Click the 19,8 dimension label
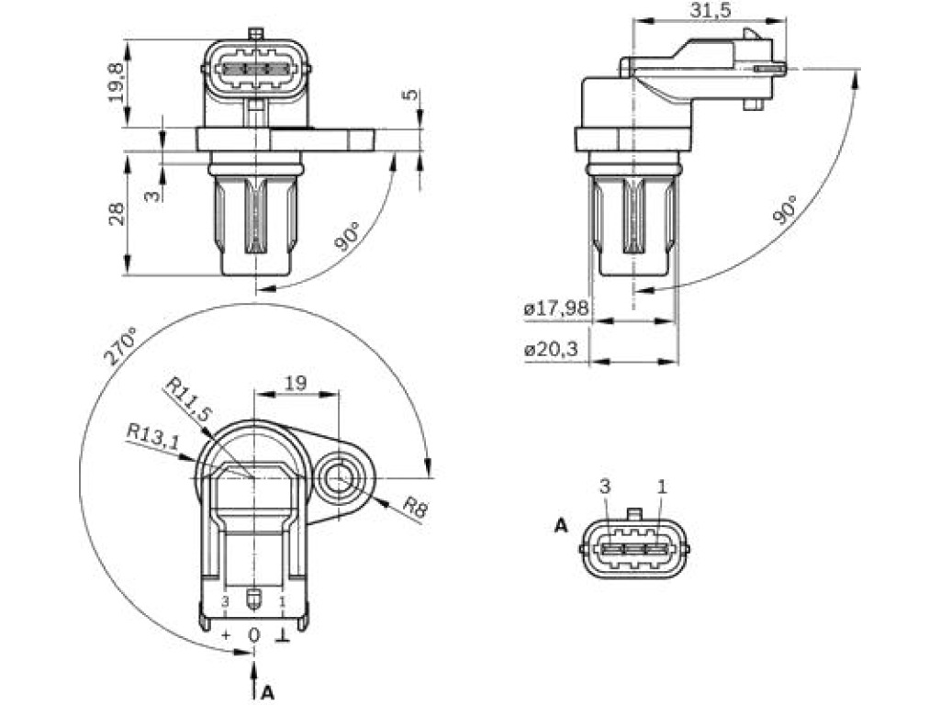pyautogui.click(x=117, y=82)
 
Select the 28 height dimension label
pyautogui.click(x=117, y=214)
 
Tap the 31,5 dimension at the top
pyautogui.click(x=711, y=10)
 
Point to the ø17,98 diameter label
pyautogui.click(x=555, y=308)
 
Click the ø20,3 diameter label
pyautogui.click(x=551, y=349)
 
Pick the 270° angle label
pyautogui.click(x=120, y=346)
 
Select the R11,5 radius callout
pyautogui.click(x=189, y=399)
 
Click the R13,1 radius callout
pyautogui.click(x=153, y=436)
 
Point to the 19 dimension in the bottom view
pyautogui.click(x=296, y=383)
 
